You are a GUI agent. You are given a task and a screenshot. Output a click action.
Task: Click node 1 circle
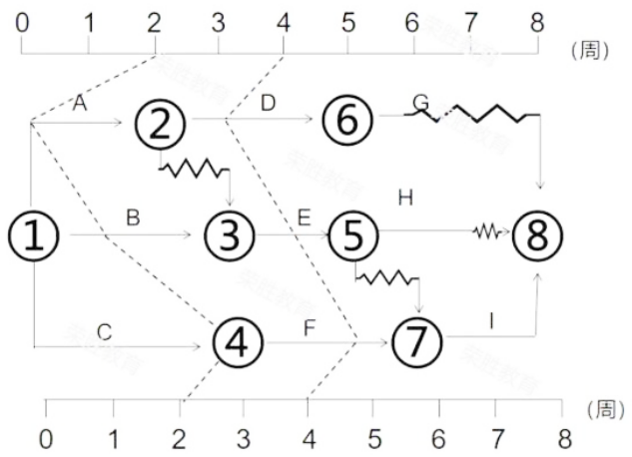(34, 236)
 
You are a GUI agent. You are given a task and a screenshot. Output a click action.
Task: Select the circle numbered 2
(163, 123)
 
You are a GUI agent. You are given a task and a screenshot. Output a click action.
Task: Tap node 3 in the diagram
(230, 236)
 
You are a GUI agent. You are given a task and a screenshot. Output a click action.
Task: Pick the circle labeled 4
(237, 343)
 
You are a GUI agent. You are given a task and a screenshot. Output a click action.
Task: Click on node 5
(354, 236)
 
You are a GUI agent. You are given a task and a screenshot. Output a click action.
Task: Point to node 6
(346, 123)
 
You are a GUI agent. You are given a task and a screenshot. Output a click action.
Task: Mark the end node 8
(538, 236)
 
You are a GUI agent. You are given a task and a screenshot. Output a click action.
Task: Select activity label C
(104, 330)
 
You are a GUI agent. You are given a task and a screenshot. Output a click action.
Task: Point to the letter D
(268, 103)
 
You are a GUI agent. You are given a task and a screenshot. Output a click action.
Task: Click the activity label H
(404, 198)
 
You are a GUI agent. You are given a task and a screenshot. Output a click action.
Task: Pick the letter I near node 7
(490, 321)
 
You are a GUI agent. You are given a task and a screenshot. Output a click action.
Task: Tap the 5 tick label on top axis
(347, 20)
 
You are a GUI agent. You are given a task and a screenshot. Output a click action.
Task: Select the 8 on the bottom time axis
(564, 439)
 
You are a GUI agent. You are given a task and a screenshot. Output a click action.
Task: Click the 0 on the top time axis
(23, 20)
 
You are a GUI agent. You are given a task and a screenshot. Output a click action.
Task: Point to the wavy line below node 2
(194, 169)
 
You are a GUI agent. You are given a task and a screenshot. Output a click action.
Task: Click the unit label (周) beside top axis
(589, 49)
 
